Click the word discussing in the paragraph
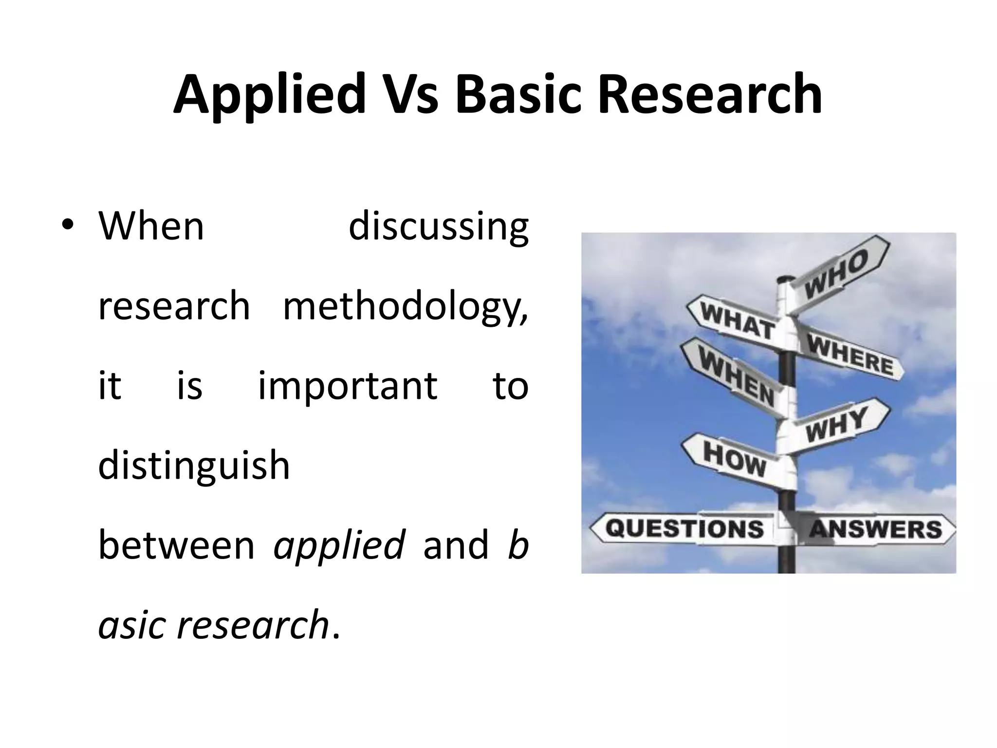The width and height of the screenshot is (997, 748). pos(438,226)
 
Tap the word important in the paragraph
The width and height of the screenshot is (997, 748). pos(347,386)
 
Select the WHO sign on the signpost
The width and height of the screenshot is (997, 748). pos(837,273)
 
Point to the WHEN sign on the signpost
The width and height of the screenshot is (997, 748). pos(735,382)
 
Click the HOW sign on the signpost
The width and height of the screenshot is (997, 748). pos(734,460)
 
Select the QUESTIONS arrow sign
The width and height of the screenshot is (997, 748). pos(684,528)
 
